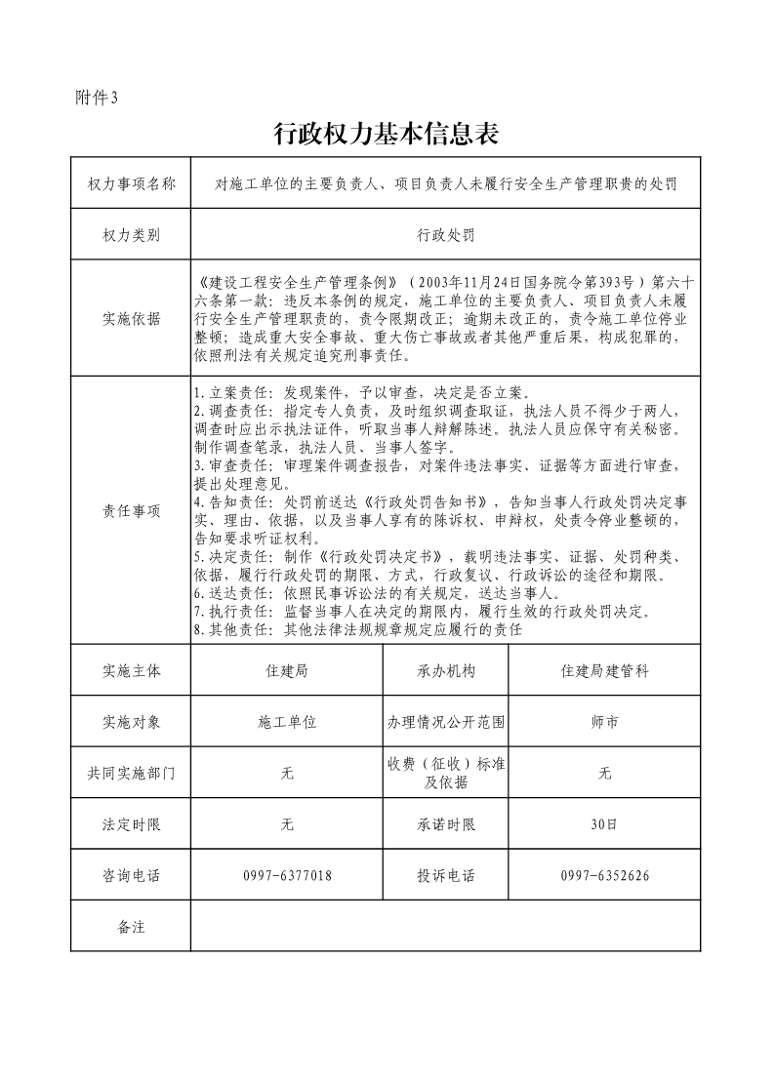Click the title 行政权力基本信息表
(387, 135)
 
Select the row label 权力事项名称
(131, 183)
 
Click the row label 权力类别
(131, 235)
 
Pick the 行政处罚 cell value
(445, 235)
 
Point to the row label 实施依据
(131, 318)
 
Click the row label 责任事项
(131, 510)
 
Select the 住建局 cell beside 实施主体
(287, 671)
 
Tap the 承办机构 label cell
(445, 671)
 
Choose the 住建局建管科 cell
(604, 671)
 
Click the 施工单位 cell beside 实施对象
(287, 723)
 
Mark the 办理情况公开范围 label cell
(445, 723)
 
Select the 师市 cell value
(604, 723)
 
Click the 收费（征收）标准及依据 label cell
(445, 773)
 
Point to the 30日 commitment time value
(604, 824)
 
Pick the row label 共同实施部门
(131, 773)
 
